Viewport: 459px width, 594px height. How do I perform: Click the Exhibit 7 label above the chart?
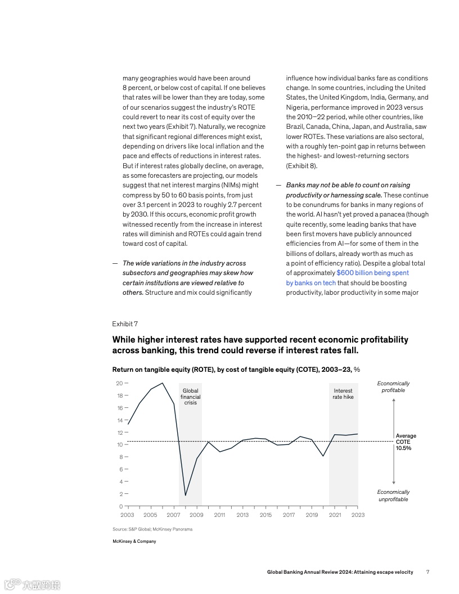point(125,324)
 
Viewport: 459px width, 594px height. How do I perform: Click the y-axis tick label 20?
point(119,383)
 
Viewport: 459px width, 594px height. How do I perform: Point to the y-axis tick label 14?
point(119,420)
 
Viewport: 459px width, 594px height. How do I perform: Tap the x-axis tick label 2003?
point(127,515)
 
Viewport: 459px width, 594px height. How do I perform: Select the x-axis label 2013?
point(242,515)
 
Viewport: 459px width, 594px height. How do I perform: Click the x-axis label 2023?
point(358,515)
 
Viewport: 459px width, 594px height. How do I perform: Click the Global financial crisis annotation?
point(190,397)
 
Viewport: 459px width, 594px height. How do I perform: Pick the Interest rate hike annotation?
point(343,394)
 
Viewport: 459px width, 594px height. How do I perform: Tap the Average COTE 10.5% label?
point(406,442)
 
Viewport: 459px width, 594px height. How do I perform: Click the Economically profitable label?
point(393,387)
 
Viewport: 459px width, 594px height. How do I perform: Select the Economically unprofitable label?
point(393,496)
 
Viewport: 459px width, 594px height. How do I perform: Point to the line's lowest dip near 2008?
point(186,495)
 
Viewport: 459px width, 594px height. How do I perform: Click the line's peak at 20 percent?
point(163,383)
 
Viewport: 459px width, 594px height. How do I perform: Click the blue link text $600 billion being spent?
point(372,273)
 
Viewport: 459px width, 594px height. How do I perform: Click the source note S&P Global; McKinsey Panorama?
point(152,529)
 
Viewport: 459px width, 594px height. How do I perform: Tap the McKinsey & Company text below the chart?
point(134,541)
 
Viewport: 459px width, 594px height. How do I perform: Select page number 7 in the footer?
point(427,572)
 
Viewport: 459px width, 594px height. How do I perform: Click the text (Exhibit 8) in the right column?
point(301,166)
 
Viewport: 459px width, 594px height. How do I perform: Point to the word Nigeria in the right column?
point(298,107)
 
